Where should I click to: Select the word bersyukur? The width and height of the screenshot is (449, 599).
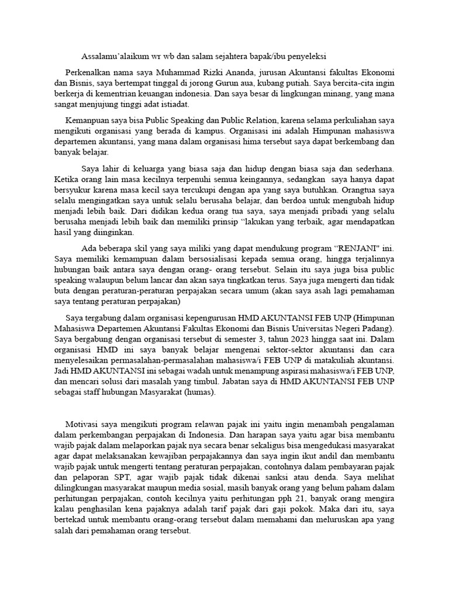coord(74,190)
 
